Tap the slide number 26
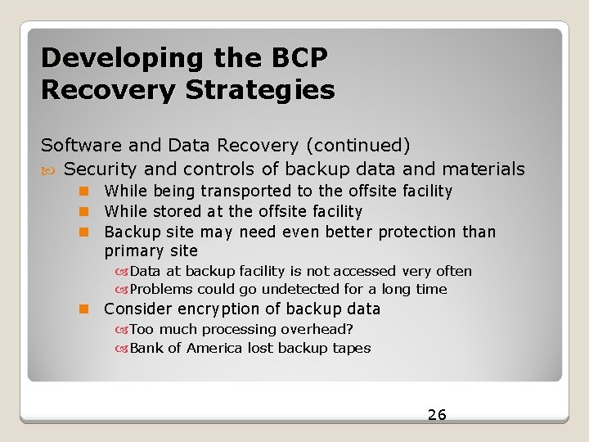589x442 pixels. click(437, 415)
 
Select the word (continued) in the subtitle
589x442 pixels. click(357, 146)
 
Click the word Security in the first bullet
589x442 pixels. click(101, 169)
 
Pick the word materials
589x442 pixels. click(483, 169)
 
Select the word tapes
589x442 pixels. click(351, 348)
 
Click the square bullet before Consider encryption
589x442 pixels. click(83, 309)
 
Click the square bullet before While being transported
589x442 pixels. click(83, 192)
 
